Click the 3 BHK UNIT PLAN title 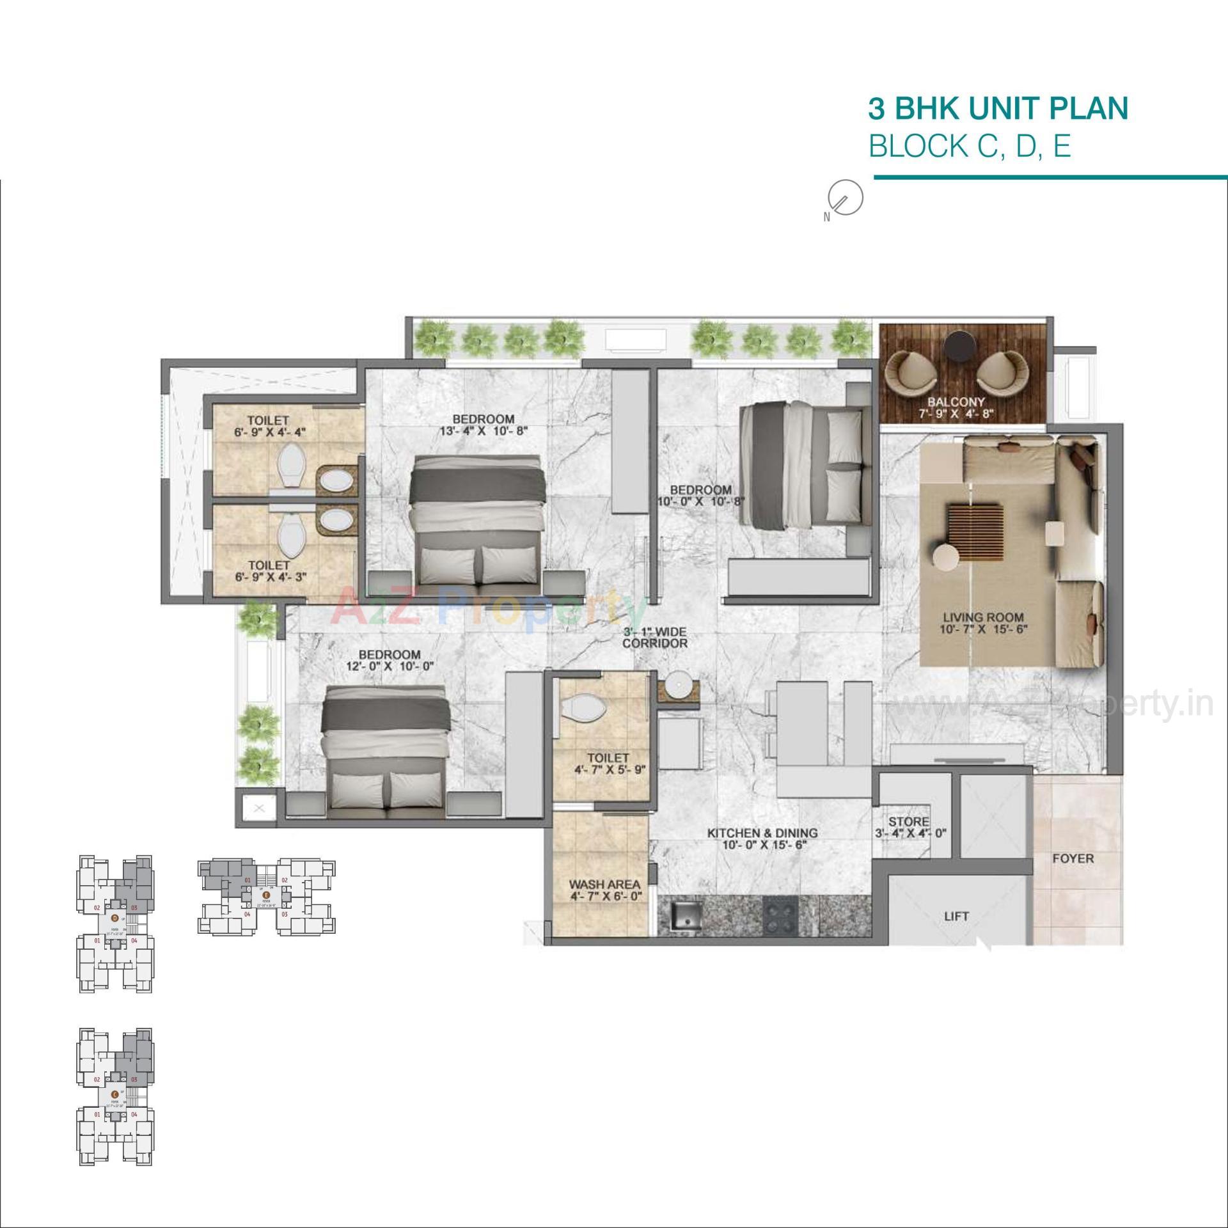pyautogui.click(x=998, y=109)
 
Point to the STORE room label pyautogui.click(x=908, y=822)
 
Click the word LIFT pyautogui.click(x=956, y=917)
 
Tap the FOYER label pyautogui.click(x=1073, y=858)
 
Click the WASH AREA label pyautogui.click(x=604, y=885)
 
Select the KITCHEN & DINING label pyautogui.click(x=762, y=833)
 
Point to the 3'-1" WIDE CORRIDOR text pyautogui.click(x=654, y=638)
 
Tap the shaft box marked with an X pyautogui.click(x=259, y=809)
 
